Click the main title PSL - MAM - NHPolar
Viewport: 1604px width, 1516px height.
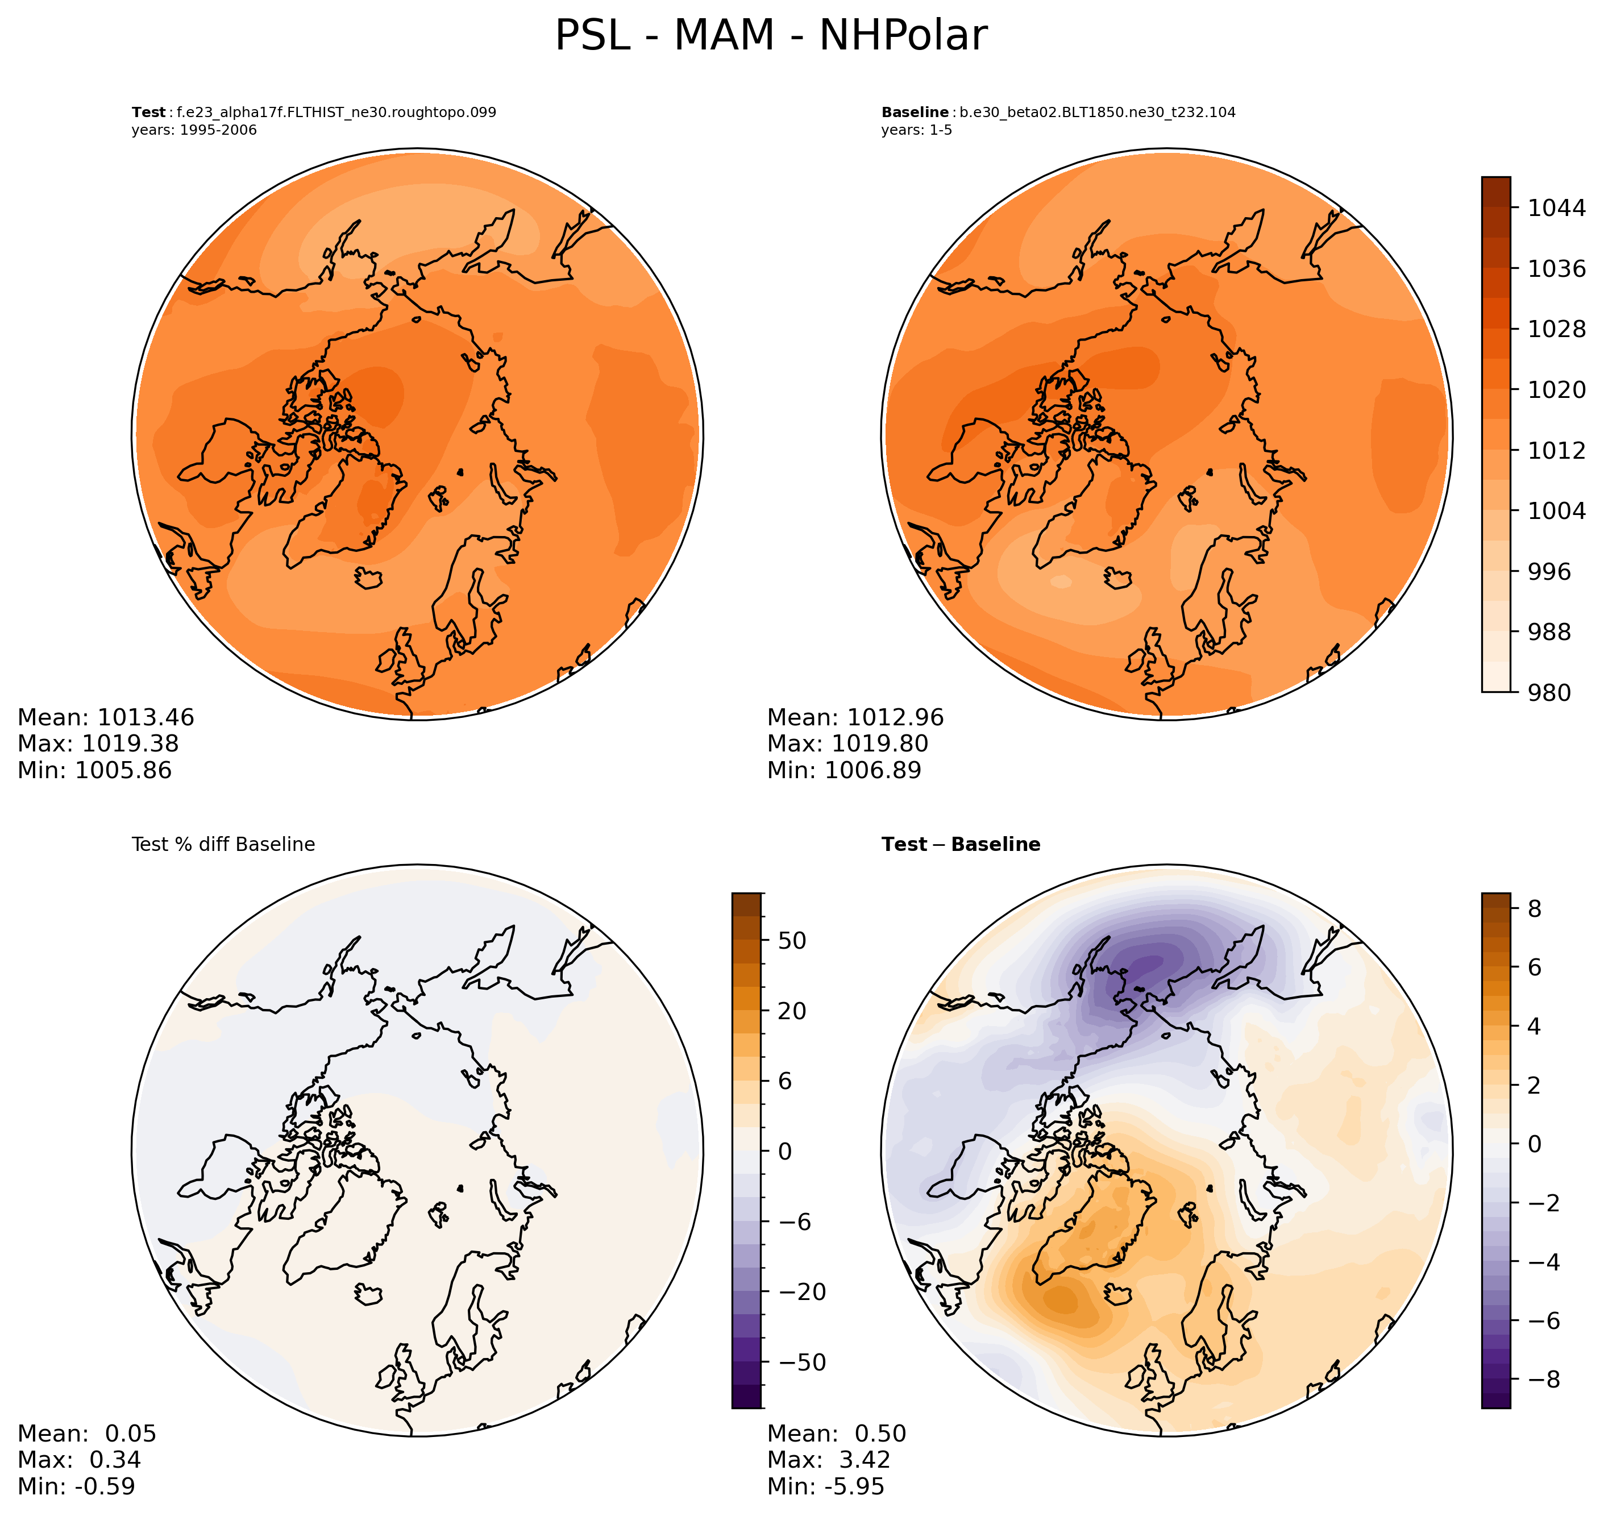coord(770,36)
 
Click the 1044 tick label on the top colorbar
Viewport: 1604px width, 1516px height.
coord(1556,207)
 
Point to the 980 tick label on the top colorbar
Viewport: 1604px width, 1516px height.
coord(1548,692)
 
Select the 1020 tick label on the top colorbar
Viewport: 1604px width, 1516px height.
coord(1556,389)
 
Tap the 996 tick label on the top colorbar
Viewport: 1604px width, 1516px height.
coord(1548,571)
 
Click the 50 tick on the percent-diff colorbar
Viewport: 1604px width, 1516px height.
coord(792,941)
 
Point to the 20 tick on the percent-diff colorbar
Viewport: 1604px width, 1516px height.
coord(792,1011)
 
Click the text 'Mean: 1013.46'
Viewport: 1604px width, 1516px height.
coord(106,717)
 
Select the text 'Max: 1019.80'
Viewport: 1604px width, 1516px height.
coord(847,744)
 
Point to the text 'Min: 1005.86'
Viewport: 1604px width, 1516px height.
coord(94,770)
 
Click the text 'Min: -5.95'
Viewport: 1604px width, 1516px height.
coord(825,1486)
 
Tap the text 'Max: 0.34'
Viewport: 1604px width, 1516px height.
coord(79,1459)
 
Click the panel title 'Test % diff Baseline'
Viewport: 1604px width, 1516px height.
coord(223,845)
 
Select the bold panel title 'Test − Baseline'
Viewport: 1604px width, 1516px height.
coord(960,845)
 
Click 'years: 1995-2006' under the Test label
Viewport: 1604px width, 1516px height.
coord(194,130)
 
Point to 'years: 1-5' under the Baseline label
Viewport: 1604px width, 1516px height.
coord(916,130)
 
